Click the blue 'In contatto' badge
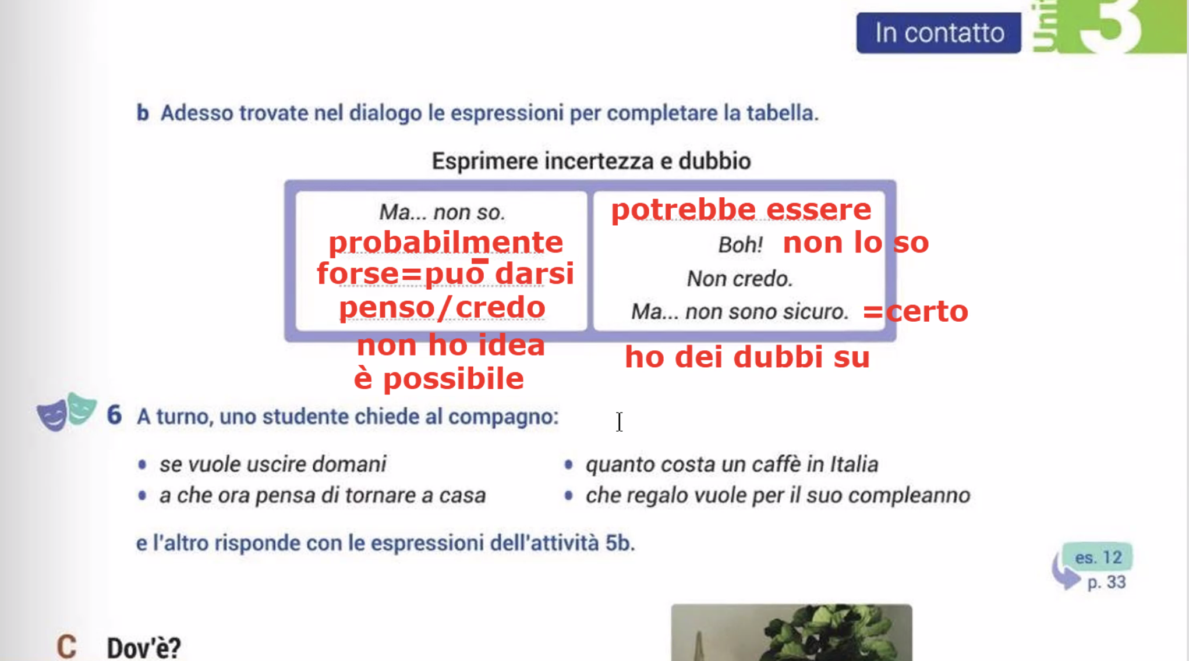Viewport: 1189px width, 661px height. pyautogui.click(x=938, y=33)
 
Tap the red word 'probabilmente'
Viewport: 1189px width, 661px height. pyautogui.click(x=446, y=243)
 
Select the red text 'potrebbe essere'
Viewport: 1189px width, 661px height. pyautogui.click(x=741, y=209)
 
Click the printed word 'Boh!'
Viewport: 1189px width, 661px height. pyautogui.click(x=740, y=244)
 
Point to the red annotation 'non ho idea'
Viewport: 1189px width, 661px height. pyautogui.click(x=451, y=345)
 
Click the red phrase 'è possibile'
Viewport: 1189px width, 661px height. pyautogui.click(x=439, y=379)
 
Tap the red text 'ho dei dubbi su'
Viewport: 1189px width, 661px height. pyautogui.click(x=747, y=357)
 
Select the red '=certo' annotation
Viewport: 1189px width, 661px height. pyautogui.click(x=915, y=311)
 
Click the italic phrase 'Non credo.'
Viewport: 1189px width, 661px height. pyautogui.click(x=740, y=279)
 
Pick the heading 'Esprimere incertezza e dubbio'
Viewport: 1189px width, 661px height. pyautogui.click(x=591, y=161)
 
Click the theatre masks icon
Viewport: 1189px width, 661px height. pyautogui.click(x=66, y=411)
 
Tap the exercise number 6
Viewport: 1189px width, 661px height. pyautogui.click(x=114, y=415)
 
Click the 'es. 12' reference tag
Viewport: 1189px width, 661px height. pyautogui.click(x=1098, y=557)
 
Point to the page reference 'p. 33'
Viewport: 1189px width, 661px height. pyautogui.click(x=1106, y=582)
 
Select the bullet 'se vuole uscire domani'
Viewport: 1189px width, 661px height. pyautogui.click(x=273, y=464)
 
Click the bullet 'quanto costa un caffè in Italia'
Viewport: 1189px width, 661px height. pyautogui.click(x=732, y=464)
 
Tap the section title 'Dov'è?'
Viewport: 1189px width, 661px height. pyautogui.click(x=144, y=648)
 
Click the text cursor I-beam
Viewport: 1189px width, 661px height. pyautogui.click(x=620, y=422)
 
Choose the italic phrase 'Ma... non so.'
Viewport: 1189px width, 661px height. pyautogui.click(x=442, y=212)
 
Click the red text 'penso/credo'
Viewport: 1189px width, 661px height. pyautogui.click(x=442, y=307)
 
